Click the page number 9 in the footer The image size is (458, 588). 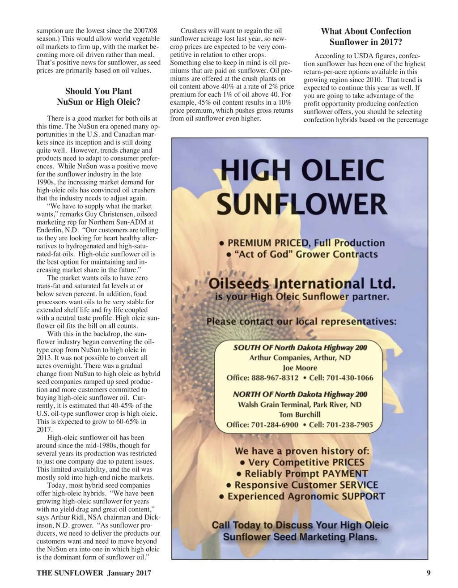coord(428,573)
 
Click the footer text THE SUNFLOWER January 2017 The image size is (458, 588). coord(93,573)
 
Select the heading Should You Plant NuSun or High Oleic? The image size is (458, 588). coord(98,97)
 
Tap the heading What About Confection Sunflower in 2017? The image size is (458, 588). coord(365,37)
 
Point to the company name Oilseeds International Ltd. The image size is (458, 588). coord(302,284)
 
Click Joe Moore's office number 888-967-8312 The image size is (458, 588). coord(275,378)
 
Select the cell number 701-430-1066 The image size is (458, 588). coord(350,378)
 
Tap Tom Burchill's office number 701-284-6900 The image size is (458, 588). coord(275,425)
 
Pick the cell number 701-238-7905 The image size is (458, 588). coord(349,425)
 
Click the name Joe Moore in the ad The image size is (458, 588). coord(300,368)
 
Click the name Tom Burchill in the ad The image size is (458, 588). coord(300,415)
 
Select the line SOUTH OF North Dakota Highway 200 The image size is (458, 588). coord(300,348)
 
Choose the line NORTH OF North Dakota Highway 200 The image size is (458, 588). coord(300,395)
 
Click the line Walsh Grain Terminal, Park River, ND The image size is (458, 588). coord(300,405)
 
